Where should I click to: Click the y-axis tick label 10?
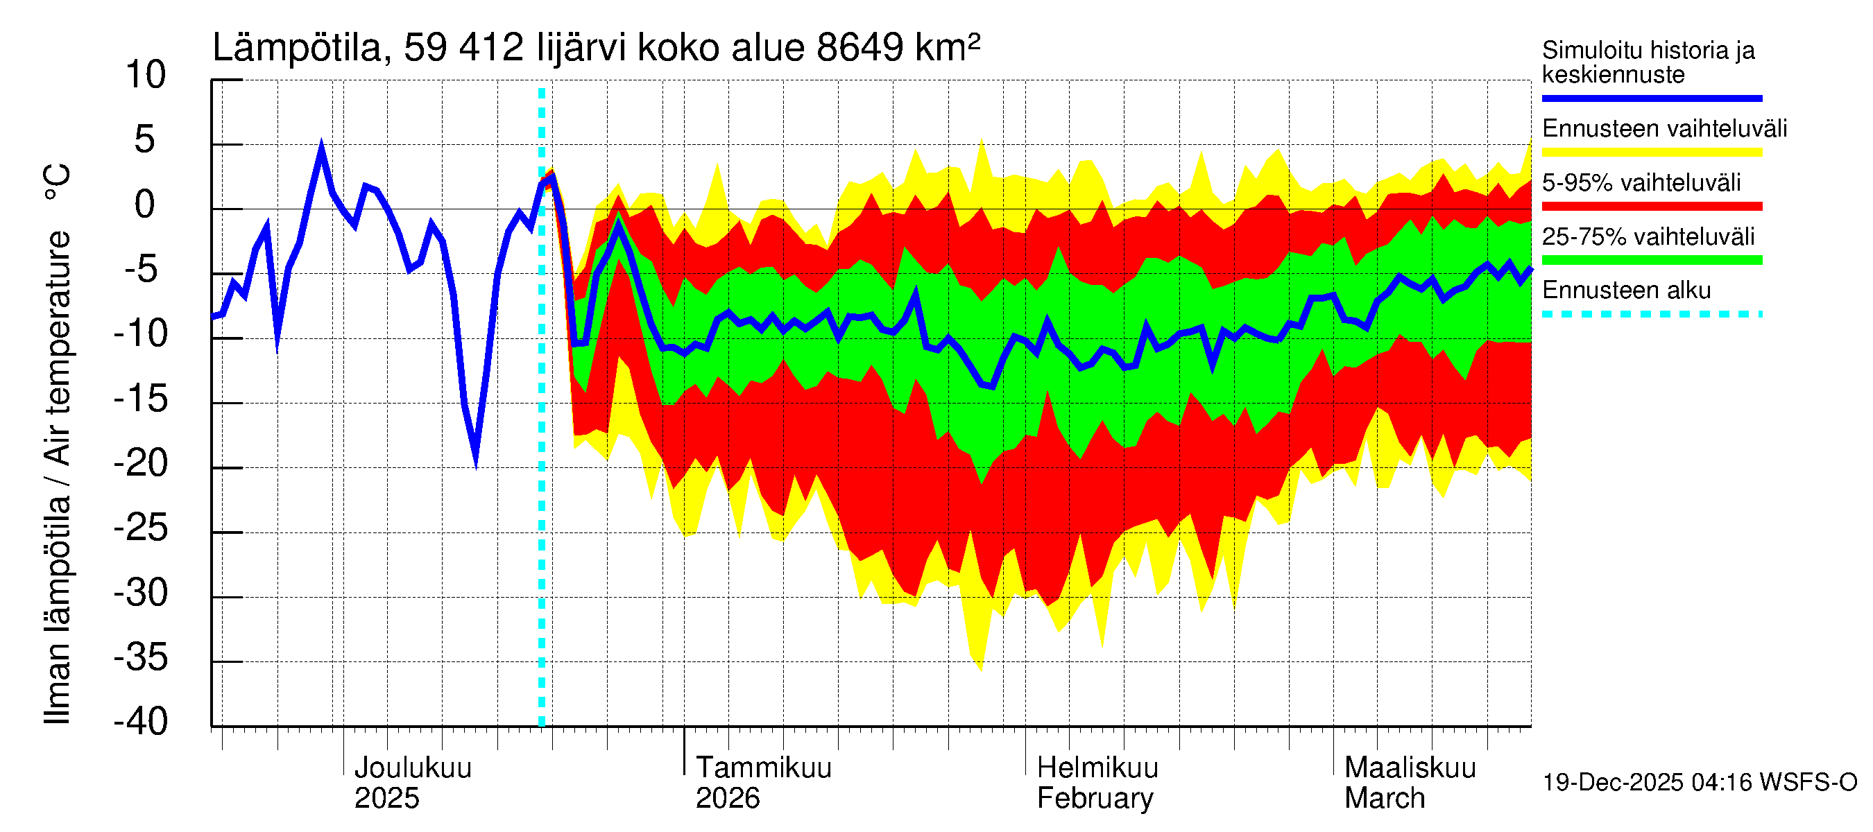coord(146,75)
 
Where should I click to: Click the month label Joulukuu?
coord(412,768)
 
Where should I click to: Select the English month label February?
coord(1094,798)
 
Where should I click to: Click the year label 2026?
coord(727,798)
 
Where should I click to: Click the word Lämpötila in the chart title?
coord(297,48)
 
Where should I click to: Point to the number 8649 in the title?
coord(859,48)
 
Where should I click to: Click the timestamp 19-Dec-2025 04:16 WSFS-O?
coord(1699,783)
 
